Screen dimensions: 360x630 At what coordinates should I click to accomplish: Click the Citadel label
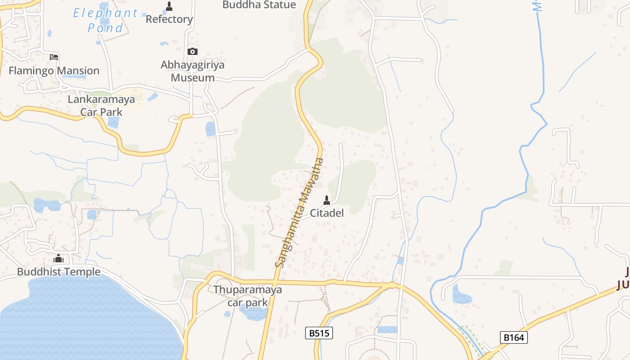pos(327,213)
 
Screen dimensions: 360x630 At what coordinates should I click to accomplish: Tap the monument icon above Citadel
pos(327,200)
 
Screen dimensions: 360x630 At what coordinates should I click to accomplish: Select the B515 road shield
pos(319,333)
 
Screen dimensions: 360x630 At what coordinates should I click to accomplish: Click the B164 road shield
pos(513,337)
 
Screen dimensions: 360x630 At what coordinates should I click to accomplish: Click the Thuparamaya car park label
pos(247,296)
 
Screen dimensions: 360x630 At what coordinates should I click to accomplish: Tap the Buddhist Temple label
pos(58,272)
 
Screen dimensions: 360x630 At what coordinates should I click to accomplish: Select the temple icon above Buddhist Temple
pos(58,259)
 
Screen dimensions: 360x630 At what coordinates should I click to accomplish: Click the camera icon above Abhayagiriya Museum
pos(192,52)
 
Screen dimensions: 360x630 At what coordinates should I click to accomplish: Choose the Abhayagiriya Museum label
pos(193,71)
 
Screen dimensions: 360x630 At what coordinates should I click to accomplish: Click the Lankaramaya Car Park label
pos(101,105)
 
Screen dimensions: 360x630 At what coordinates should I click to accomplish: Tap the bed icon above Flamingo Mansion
pos(54,57)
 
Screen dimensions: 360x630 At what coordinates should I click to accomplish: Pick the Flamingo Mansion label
pos(54,71)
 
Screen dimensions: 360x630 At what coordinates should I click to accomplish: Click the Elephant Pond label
pos(105,20)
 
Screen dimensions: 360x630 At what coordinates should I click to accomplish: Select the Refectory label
pos(169,19)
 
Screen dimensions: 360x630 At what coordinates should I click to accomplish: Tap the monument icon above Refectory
pos(169,6)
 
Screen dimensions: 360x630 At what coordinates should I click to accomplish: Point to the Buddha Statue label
pos(259,5)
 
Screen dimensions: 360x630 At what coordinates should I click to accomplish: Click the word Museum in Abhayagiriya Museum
pos(193,77)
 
